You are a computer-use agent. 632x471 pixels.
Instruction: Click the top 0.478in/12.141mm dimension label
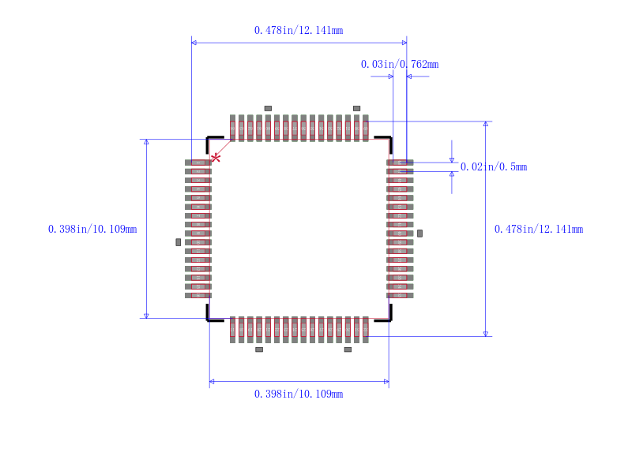(298, 31)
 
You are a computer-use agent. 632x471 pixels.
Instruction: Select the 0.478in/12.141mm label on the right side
(538, 230)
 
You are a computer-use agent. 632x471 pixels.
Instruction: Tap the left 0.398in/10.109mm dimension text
(92, 230)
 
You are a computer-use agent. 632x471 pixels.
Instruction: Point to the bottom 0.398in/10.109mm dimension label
(298, 394)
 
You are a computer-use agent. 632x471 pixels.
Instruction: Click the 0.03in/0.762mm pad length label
(399, 65)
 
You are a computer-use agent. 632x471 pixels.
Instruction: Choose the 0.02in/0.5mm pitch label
(493, 167)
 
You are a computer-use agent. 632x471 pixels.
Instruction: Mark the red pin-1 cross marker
(215, 158)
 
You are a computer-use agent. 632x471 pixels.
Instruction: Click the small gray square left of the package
(178, 242)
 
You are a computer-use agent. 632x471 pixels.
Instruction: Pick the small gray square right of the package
(419, 234)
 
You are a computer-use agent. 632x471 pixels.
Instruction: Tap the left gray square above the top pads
(268, 108)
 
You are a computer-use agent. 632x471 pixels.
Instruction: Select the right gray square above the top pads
(356, 108)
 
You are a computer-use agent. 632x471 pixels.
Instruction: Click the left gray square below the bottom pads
(259, 350)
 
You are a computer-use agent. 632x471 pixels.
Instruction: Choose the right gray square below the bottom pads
(348, 350)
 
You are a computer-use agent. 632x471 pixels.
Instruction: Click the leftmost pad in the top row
(232, 128)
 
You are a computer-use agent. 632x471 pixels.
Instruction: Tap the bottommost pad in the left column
(198, 295)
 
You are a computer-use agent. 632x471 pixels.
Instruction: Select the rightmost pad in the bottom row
(365, 329)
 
